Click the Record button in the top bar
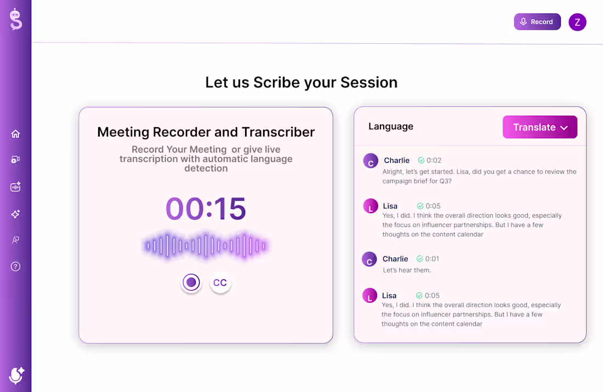coord(537,22)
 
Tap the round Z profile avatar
coord(577,22)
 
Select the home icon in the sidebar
coord(15,134)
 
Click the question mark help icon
coord(15,266)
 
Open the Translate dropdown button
coord(539,127)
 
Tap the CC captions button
coord(220,283)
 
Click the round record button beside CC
coord(191,283)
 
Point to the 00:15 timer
coord(206,208)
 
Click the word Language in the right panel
coord(391,127)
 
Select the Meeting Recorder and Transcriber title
coord(206,132)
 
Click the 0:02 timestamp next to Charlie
coord(434,161)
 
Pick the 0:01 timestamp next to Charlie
coord(433,259)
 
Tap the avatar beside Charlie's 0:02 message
coord(371,161)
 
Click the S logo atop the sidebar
coord(15,20)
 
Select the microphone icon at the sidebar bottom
coord(16,375)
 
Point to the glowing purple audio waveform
coord(206,246)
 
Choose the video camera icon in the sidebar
coord(15,160)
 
